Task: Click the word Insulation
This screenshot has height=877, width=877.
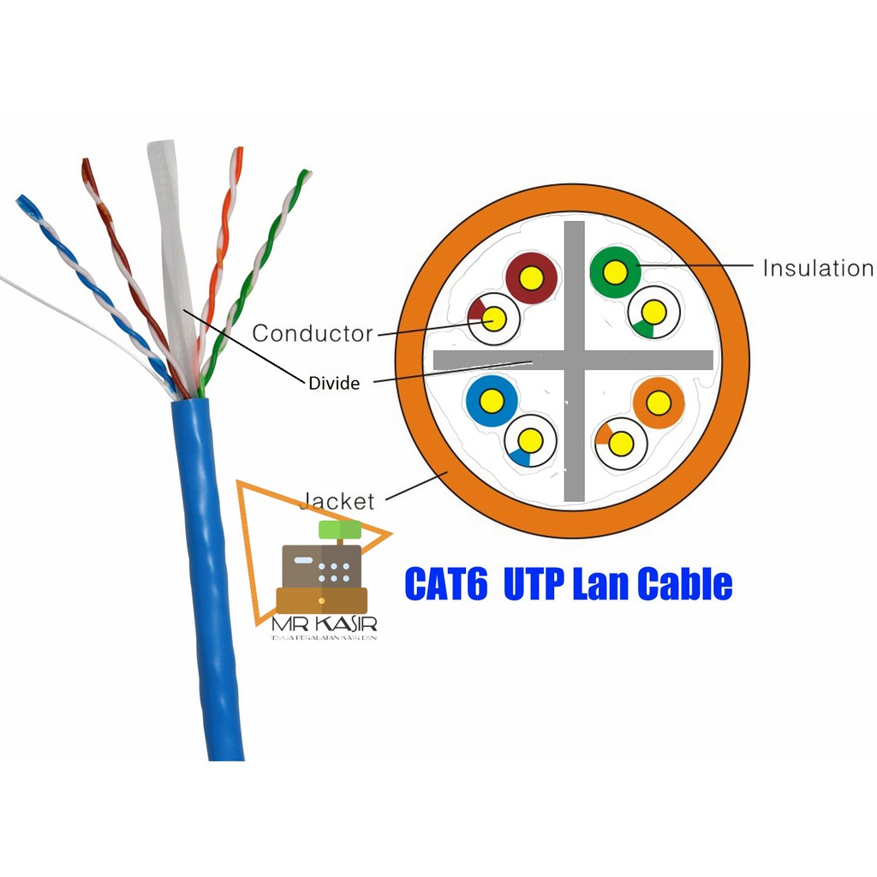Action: [x=817, y=269]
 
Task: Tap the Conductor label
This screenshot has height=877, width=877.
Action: [x=313, y=333]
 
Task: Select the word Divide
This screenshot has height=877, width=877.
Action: [x=334, y=384]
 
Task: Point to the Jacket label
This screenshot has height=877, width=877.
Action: [x=339, y=501]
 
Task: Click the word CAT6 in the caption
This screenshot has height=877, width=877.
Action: [x=445, y=584]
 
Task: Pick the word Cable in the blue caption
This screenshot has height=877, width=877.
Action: [x=685, y=584]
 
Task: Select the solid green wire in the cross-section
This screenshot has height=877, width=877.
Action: [x=615, y=272]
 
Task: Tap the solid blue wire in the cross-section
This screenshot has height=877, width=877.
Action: [x=492, y=400]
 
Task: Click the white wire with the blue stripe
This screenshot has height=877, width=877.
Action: [x=530, y=441]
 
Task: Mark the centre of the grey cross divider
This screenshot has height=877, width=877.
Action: [x=575, y=360]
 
